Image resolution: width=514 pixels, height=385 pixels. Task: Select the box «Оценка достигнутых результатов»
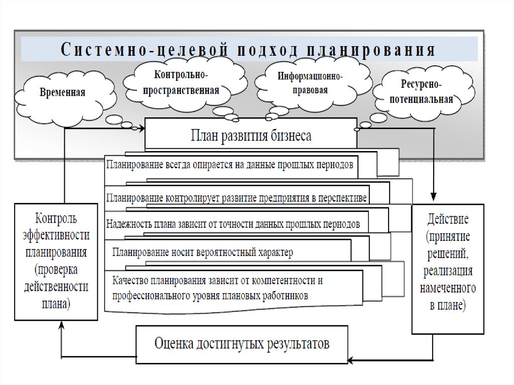pos(241,344)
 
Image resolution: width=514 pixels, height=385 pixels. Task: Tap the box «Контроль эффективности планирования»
pos(55,261)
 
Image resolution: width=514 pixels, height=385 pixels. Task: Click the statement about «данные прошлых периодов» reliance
pos(231,165)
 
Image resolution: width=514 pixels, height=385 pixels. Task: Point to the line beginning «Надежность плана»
pos(233,224)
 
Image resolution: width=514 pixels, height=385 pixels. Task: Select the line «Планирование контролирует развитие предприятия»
pos(236,196)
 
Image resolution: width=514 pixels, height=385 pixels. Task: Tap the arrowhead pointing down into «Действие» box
pos(434,199)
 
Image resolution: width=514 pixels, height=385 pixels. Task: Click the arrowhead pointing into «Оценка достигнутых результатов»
pos(351,359)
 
